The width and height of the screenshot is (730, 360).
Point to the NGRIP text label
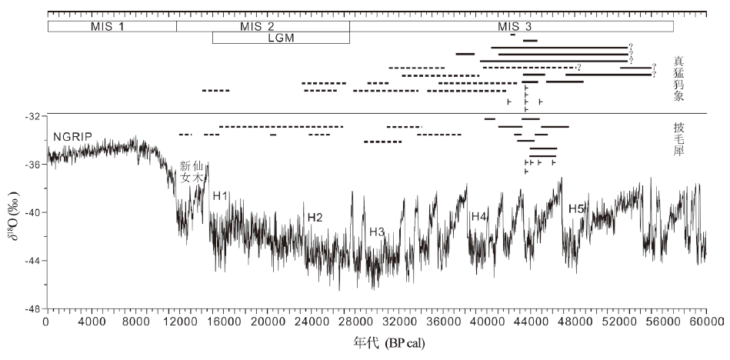coord(73,137)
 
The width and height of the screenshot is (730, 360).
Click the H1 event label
coord(221,195)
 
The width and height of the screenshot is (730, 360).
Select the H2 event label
coord(315,218)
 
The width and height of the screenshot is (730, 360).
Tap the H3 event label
coord(377,232)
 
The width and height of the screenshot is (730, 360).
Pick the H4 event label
coord(479,216)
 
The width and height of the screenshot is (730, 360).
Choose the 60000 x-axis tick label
coord(705,322)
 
